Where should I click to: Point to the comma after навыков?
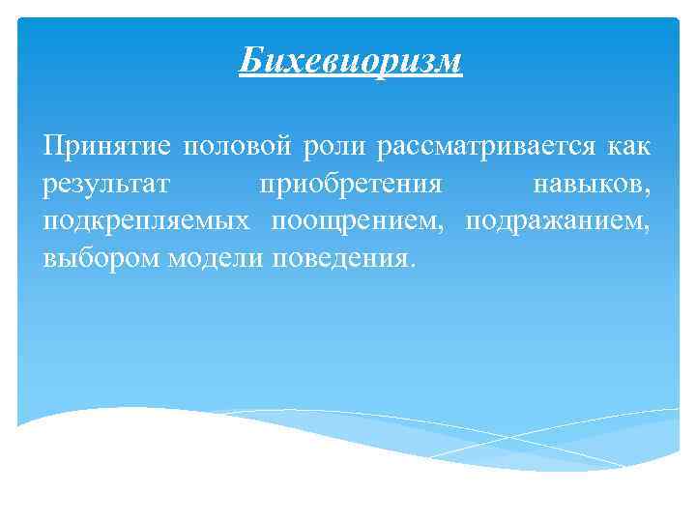coord(649,191)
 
